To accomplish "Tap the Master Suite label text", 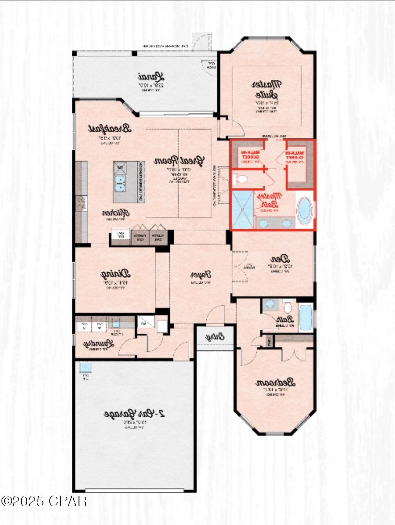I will pyautogui.click(x=266, y=89).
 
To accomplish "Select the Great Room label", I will pyautogui.click(x=179, y=161).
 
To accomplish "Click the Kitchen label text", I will pyautogui.click(x=116, y=213).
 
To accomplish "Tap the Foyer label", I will pyautogui.click(x=201, y=275).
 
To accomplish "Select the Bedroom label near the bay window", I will pyautogui.click(x=275, y=382).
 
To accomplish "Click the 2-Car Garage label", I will pyautogui.click(x=134, y=414).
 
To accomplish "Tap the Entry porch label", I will pyautogui.click(x=215, y=337).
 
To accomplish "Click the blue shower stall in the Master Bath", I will pyautogui.click(x=243, y=209).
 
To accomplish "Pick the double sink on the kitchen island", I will pyautogui.click(x=120, y=183).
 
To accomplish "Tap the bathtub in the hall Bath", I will pyautogui.click(x=306, y=317).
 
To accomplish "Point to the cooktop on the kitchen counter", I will pyautogui.click(x=81, y=203).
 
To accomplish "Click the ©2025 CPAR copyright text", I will pyautogui.click(x=44, y=501).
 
